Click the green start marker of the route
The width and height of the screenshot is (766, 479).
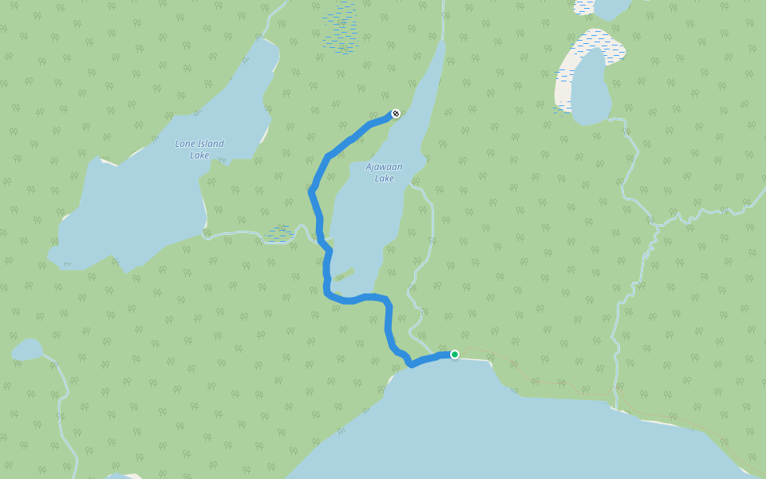click(x=455, y=354)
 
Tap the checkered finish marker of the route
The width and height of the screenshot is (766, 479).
click(x=395, y=113)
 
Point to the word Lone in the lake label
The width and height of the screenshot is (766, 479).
click(x=184, y=144)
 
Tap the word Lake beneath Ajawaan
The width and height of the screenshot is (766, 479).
click(x=384, y=178)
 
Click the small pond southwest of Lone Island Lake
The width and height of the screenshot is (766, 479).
click(x=27, y=350)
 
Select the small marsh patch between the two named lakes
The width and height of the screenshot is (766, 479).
click(x=280, y=233)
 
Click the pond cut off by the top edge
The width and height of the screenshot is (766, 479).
click(x=610, y=8)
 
